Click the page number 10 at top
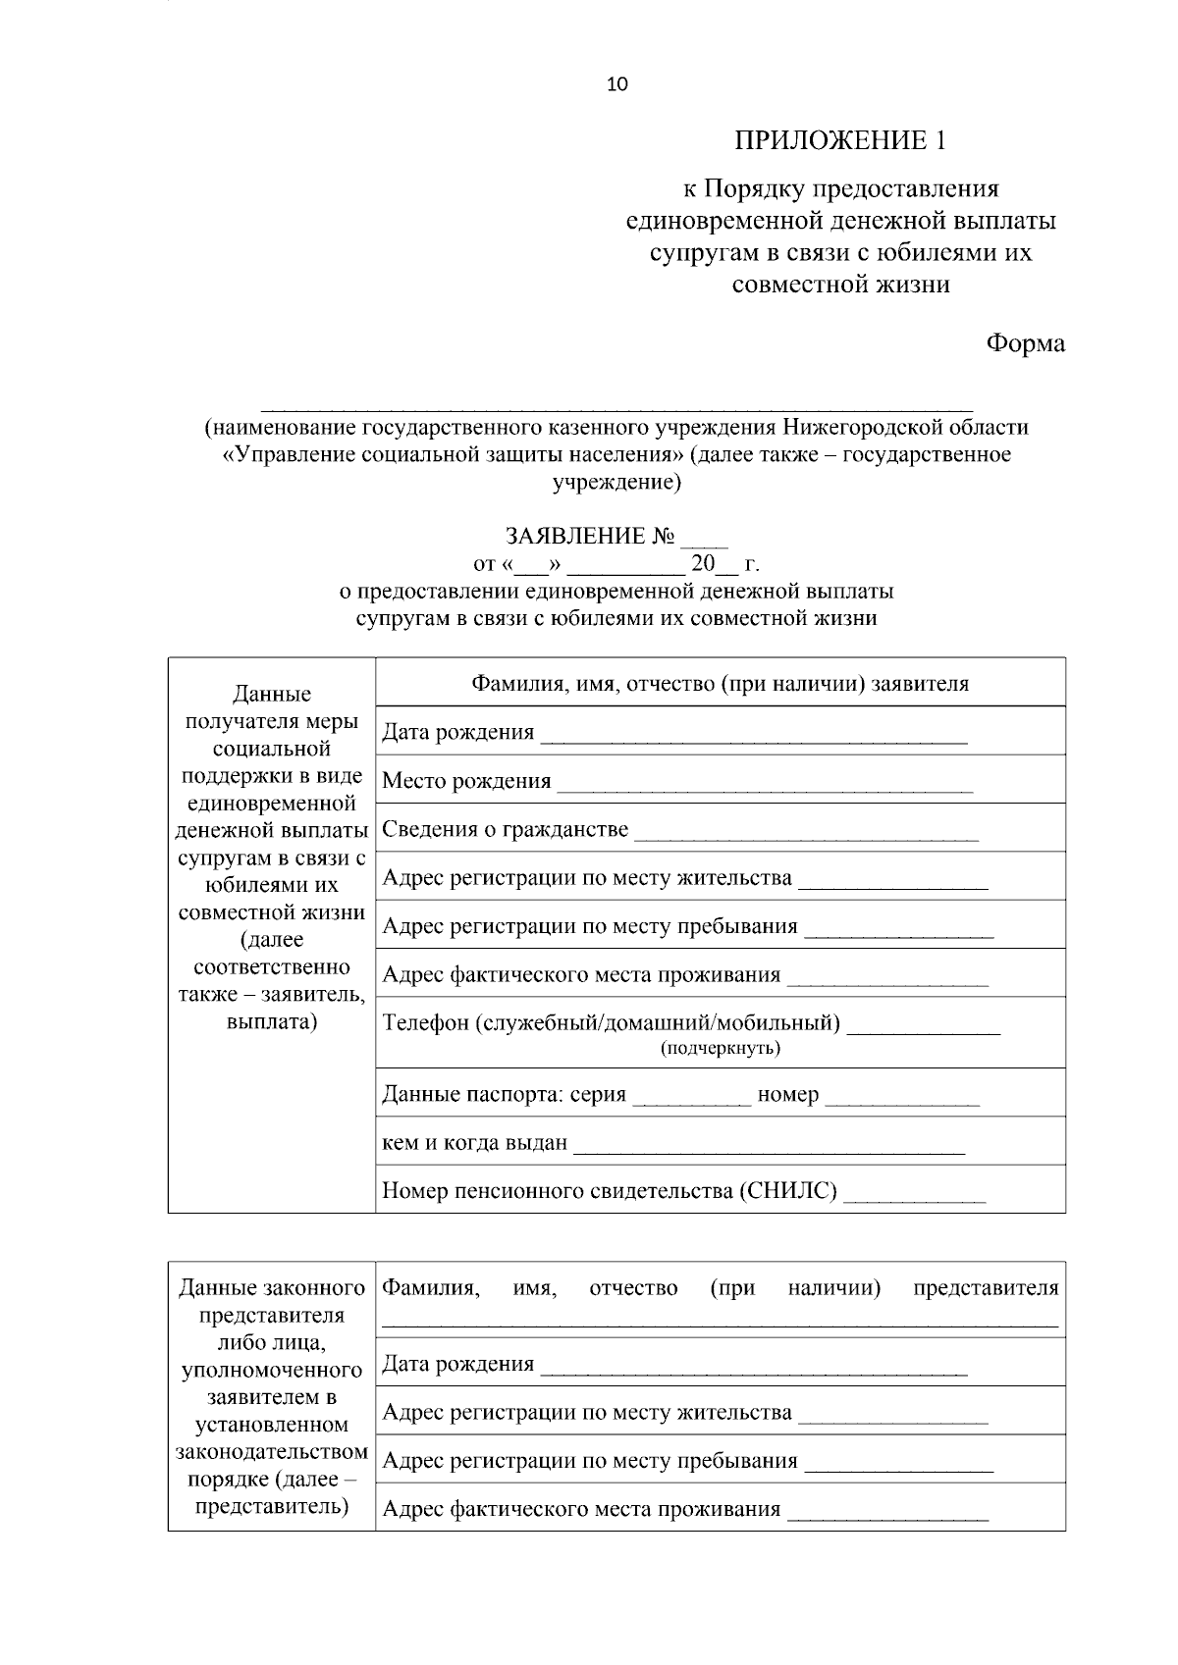[x=617, y=84]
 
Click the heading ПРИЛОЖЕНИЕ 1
[x=841, y=140]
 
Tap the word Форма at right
[x=1025, y=343]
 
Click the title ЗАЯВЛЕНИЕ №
[x=590, y=537]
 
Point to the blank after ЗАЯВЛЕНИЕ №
[x=705, y=539]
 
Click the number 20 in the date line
[x=703, y=564]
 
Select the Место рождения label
[x=466, y=781]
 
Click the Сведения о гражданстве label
[x=505, y=829]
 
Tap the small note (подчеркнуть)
[x=720, y=1049]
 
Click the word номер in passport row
[x=788, y=1095]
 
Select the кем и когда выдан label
[x=474, y=1143]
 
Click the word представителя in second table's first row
[x=986, y=1288]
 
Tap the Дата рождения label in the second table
[x=457, y=1364]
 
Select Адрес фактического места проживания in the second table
[x=581, y=1509]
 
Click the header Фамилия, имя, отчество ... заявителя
[x=720, y=684]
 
